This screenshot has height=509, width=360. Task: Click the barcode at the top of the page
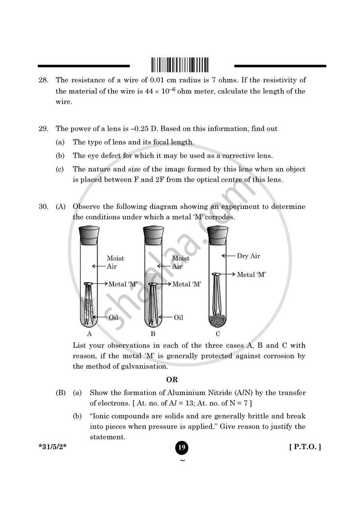[x=180, y=64]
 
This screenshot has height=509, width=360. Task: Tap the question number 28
[x=43, y=80]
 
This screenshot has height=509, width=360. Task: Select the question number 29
[x=43, y=129]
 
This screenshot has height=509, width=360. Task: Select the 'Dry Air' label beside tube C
[x=248, y=256]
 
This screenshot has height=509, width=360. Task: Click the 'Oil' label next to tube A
[x=113, y=317]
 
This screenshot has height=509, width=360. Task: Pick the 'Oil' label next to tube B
[x=178, y=317]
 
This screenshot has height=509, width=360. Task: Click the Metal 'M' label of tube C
[x=252, y=274]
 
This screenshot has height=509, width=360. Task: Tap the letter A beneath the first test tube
[x=89, y=334]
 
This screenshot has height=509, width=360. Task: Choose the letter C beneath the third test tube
[x=218, y=334]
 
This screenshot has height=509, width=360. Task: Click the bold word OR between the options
[x=172, y=379]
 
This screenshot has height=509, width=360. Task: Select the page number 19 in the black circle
[x=182, y=447]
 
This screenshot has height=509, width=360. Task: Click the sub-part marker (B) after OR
[x=61, y=393]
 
